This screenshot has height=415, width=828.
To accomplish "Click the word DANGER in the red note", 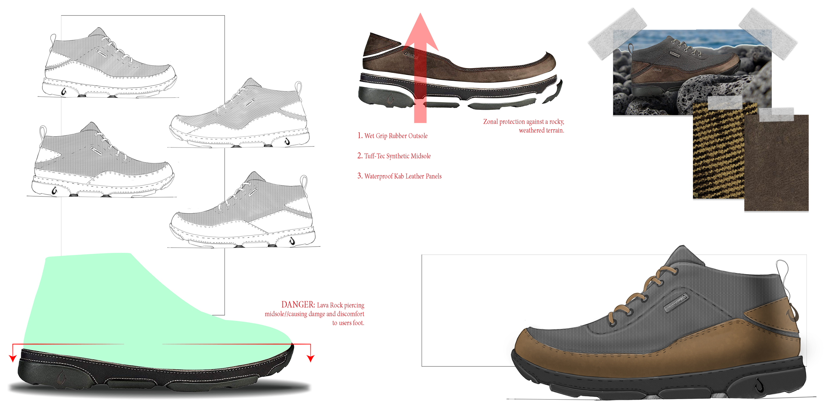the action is point(298,305).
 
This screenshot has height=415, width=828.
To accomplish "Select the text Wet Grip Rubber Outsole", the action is point(396,136).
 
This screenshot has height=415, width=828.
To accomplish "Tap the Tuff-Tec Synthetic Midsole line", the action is point(397,156).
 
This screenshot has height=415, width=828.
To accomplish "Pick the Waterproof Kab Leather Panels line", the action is point(403,176).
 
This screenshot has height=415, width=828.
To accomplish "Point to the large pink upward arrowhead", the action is point(421,33).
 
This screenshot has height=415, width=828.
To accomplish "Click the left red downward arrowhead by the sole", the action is point(13,359).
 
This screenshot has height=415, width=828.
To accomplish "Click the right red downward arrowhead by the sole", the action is point(310,359).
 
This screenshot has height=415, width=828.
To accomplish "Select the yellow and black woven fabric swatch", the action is point(717,156).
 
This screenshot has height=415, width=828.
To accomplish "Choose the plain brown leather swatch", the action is point(777,166).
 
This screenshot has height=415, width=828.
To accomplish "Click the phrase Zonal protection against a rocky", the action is point(523,122).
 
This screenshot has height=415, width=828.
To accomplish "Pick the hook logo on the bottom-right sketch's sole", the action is point(292,242).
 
